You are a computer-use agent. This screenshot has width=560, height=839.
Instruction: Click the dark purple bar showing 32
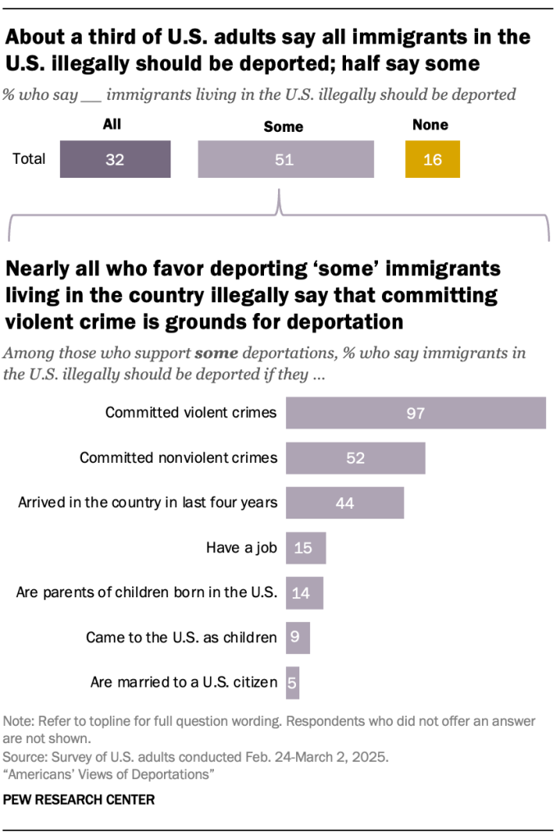click(x=115, y=160)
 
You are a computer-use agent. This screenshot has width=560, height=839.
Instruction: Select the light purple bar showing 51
click(x=285, y=160)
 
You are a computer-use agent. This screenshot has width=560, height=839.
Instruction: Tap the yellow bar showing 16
click(x=432, y=160)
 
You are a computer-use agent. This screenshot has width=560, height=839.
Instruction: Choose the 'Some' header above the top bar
click(x=283, y=126)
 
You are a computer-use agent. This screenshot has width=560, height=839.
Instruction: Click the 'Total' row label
click(x=29, y=160)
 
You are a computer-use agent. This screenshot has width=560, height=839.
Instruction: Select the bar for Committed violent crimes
click(x=415, y=412)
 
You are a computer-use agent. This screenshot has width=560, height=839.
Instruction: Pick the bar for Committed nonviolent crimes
click(x=355, y=457)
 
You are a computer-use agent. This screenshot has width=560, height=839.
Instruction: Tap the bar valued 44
click(x=344, y=502)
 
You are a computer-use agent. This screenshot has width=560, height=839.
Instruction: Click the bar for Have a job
click(x=305, y=547)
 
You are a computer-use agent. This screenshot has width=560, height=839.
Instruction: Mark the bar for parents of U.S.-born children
click(x=304, y=592)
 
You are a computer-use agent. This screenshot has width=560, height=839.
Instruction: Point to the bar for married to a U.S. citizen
click(x=293, y=682)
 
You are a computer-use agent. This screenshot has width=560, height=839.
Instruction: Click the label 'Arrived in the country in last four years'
click(x=148, y=502)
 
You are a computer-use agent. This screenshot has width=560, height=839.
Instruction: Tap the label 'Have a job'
click(x=242, y=547)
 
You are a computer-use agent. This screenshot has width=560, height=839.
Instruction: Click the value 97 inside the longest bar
click(x=415, y=412)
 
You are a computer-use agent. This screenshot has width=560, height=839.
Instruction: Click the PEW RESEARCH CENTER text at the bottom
click(x=80, y=798)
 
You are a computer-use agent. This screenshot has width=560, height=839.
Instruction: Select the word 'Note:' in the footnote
click(x=19, y=722)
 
